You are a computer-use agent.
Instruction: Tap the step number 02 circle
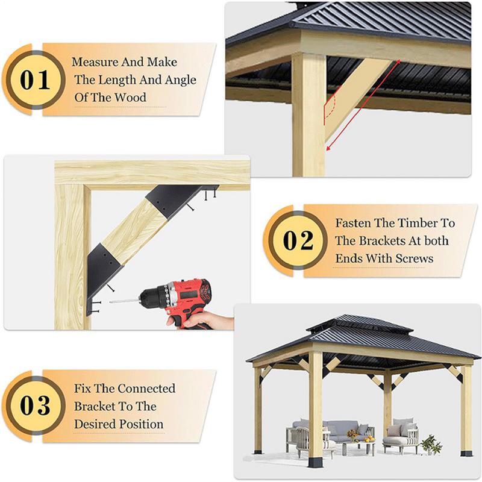298,240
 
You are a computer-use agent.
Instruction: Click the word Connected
146,389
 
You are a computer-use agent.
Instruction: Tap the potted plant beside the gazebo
430,445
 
